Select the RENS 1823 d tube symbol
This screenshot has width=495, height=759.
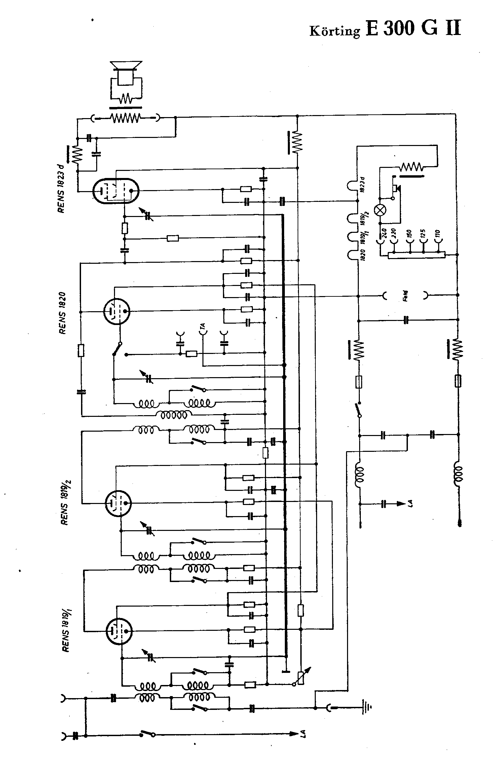pos(116,191)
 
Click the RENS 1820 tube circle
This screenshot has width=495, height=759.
pos(116,311)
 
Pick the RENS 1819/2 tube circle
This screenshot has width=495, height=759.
pos(118,503)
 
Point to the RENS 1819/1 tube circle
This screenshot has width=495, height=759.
pos(119,631)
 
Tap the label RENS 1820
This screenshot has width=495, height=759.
pos(63,313)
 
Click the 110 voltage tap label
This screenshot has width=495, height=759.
pos(437,233)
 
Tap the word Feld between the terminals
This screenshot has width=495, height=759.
pos(406,296)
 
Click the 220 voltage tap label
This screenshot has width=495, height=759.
pos(394,233)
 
